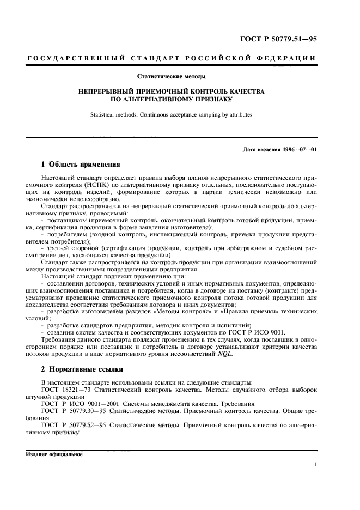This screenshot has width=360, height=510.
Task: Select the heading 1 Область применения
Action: [81, 164]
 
